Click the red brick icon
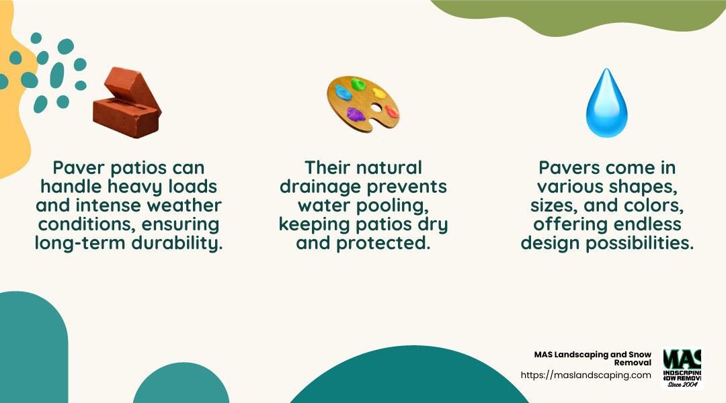[x=127, y=102]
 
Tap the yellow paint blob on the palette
[x=379, y=93]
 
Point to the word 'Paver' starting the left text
[x=77, y=167]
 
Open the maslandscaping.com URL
[x=586, y=375]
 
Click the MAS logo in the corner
[x=682, y=368]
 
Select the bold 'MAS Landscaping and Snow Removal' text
[x=592, y=358]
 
